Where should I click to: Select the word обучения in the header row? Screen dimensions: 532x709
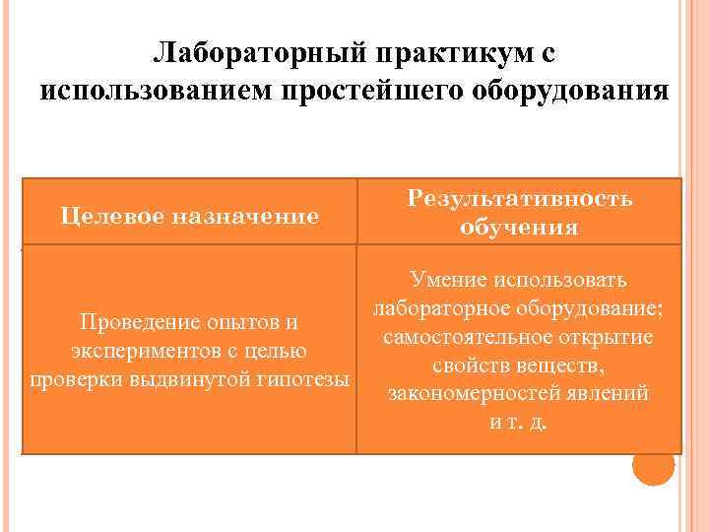pos(519,228)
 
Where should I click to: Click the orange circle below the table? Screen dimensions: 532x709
pos(653,464)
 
